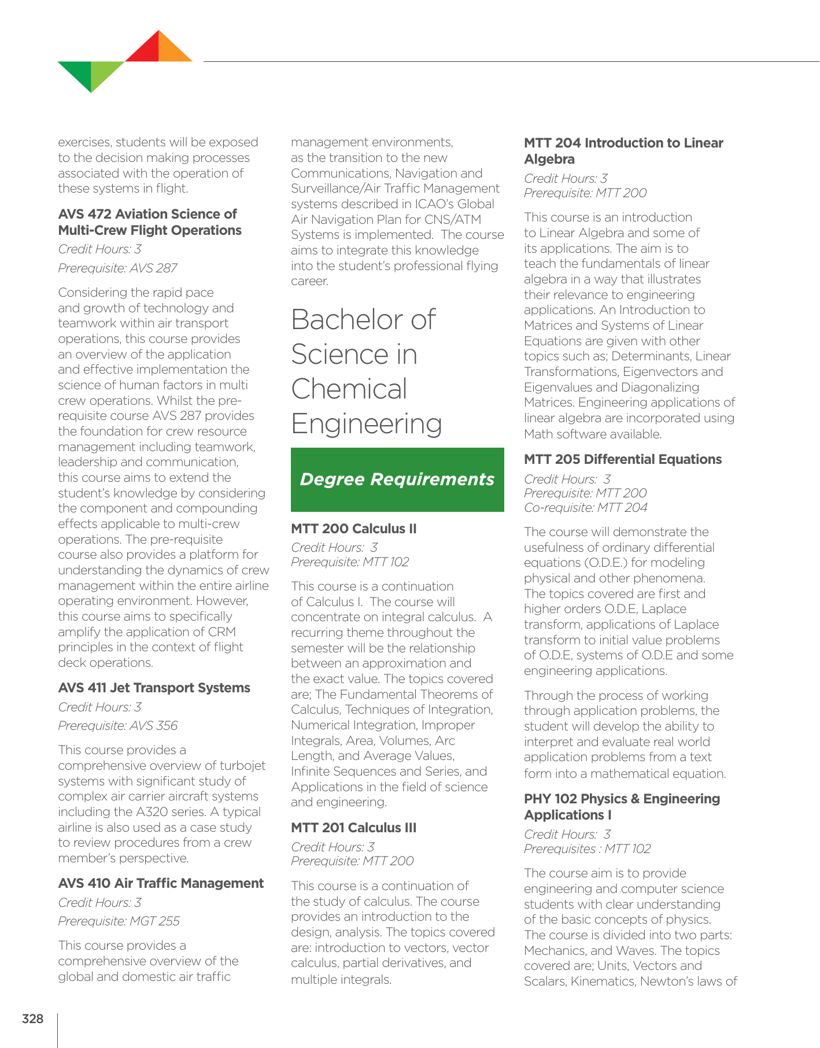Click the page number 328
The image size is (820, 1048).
32,1019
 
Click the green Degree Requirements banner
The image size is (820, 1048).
397,479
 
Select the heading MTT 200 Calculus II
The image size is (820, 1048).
353,529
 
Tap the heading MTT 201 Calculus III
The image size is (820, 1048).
353,828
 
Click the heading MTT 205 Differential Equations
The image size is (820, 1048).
622,459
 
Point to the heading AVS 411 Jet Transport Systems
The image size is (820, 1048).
154,688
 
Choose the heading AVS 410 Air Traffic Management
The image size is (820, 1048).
161,883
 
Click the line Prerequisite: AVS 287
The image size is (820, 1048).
117,268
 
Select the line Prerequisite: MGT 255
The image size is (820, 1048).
119,921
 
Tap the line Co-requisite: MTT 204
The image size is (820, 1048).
585,507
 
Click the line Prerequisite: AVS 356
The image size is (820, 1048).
117,725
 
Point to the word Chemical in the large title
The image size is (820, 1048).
349,389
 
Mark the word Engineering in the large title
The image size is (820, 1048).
366,424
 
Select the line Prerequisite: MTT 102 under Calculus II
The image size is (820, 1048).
349,562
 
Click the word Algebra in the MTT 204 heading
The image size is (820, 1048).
549,159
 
